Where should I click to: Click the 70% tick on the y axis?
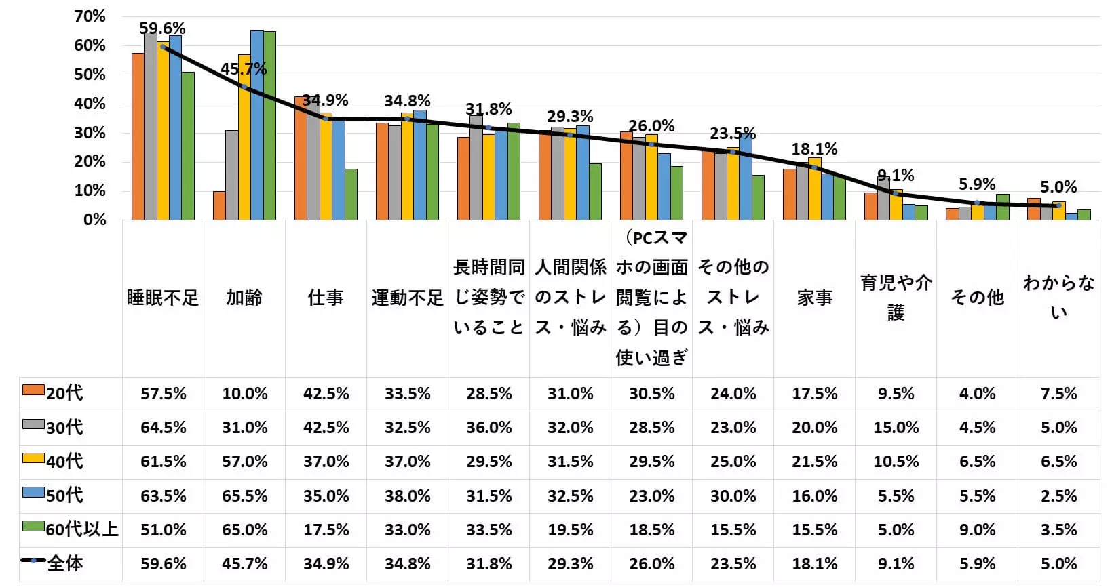pos(90,16)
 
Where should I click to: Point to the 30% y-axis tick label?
pos(90,133)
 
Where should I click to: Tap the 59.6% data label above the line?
pos(162,28)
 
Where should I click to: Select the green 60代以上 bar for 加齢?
pos(269,125)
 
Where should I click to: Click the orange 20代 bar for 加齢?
pos(219,205)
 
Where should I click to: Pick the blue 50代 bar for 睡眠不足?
pos(175,127)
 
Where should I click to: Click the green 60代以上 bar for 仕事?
pos(351,195)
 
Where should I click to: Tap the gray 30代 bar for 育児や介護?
pos(883,198)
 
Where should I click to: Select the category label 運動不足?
pos(407,298)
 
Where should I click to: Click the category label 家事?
pos(814,298)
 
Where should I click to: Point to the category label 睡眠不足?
pos(163,298)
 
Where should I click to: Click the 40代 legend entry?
pos(64,462)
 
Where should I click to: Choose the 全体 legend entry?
pos(64,563)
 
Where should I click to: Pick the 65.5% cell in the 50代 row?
pos(244,495)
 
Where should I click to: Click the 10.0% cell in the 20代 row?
pos(244,394)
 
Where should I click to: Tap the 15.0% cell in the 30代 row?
pos(896,428)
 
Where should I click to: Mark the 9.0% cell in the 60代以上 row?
pos(977,529)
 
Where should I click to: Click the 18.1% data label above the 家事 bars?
pos(814,149)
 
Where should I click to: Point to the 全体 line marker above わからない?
pos(1058,205)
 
